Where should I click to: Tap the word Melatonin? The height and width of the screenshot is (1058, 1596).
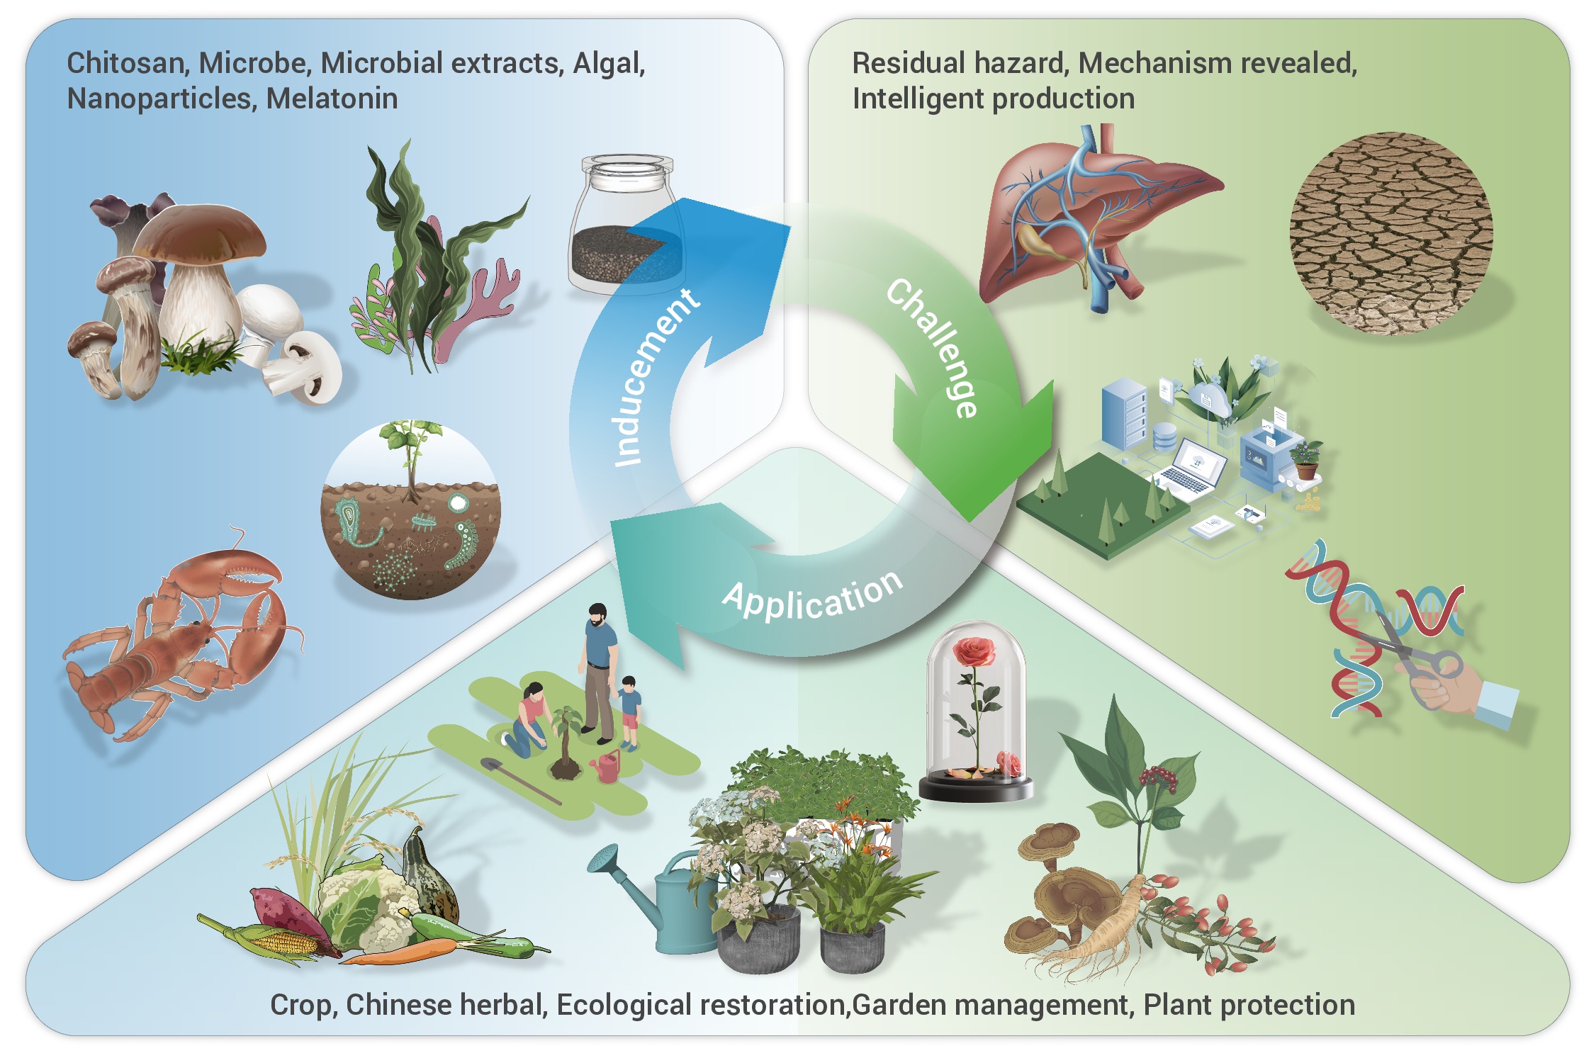(x=332, y=99)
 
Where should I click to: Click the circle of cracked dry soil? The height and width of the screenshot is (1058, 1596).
(x=1390, y=234)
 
